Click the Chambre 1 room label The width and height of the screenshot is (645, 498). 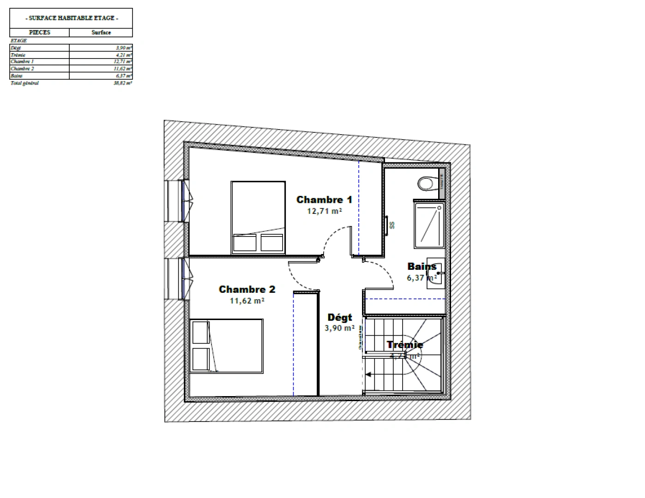click(324, 200)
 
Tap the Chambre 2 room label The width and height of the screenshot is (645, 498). click(247, 290)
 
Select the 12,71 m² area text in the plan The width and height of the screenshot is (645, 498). click(324, 211)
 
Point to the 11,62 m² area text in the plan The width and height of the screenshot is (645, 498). click(247, 301)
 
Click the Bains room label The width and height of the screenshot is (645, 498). click(422, 267)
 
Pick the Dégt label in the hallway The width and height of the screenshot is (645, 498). click(339, 317)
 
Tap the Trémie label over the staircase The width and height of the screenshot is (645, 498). click(404, 344)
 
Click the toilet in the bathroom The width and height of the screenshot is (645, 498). click(427, 184)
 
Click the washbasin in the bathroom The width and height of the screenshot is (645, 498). click(436, 273)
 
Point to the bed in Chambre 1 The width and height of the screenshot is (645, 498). click(258, 217)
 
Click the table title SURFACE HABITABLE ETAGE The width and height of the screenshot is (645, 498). click(71, 18)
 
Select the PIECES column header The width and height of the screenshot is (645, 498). click(40, 32)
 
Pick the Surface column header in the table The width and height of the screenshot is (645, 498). click(101, 32)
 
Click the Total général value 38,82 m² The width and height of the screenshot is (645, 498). click(123, 83)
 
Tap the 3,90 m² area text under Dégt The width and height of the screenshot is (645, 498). click(339, 328)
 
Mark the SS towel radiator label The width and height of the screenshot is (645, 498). click(392, 225)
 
